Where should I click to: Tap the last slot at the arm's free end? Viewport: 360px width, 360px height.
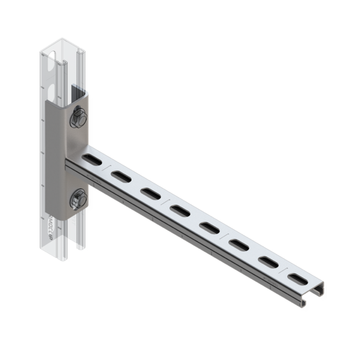click(x=297, y=278)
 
